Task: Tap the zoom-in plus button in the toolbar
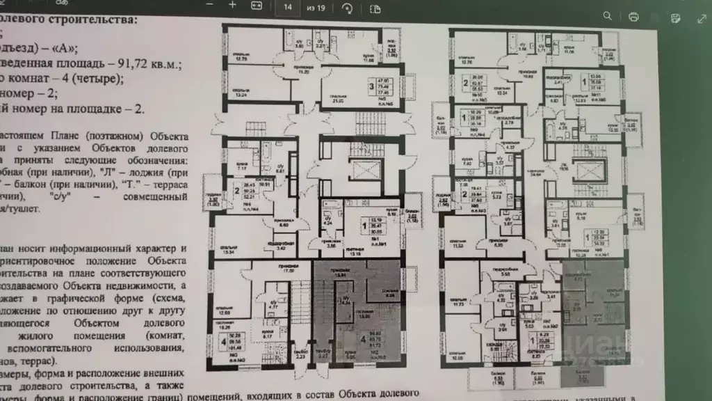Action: pyautogui.click(x=232, y=6)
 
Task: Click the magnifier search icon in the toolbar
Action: pyautogui.click(x=608, y=15)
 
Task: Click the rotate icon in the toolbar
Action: pyautogui.click(x=347, y=8)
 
